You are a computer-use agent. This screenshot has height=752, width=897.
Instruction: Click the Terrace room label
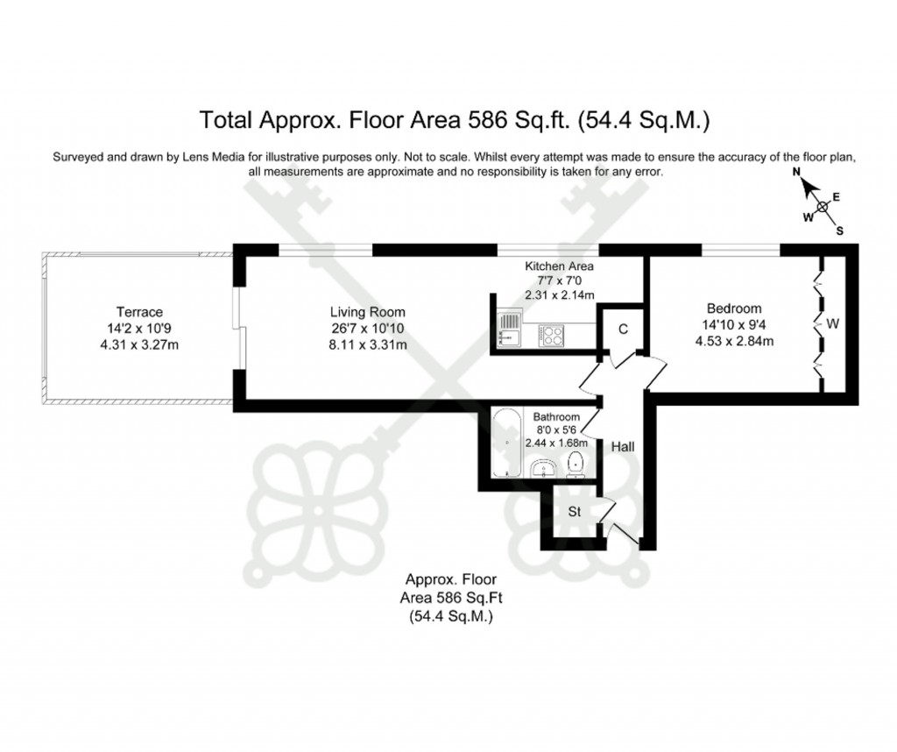pyautogui.click(x=139, y=312)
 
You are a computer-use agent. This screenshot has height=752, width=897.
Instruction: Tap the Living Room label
pyautogui.click(x=367, y=312)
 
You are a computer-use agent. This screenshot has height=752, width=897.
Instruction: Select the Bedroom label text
pyautogui.click(x=734, y=309)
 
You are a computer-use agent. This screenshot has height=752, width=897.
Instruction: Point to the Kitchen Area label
pyautogui.click(x=559, y=266)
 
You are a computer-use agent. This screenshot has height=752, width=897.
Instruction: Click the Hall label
pyautogui.click(x=623, y=447)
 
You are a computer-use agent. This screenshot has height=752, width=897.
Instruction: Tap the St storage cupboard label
pyautogui.click(x=576, y=512)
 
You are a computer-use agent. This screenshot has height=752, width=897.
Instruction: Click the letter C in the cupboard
pyautogui.click(x=623, y=330)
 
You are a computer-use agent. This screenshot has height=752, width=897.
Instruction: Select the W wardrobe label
pyautogui.click(x=833, y=324)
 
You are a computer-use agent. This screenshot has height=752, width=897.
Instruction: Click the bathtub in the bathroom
pyautogui.click(x=505, y=442)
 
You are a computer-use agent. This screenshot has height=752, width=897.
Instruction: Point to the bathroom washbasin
pyautogui.click(x=544, y=470)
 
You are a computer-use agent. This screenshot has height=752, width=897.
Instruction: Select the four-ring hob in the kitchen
pyautogui.click(x=552, y=334)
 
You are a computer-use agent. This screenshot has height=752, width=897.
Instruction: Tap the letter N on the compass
pyautogui.click(x=798, y=174)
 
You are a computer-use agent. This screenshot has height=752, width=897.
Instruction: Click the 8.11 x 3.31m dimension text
pyautogui.click(x=367, y=344)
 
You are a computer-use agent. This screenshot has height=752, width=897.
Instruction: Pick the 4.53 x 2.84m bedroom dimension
pyautogui.click(x=734, y=341)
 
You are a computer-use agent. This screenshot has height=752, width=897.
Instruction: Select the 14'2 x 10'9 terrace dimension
pyautogui.click(x=139, y=329)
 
